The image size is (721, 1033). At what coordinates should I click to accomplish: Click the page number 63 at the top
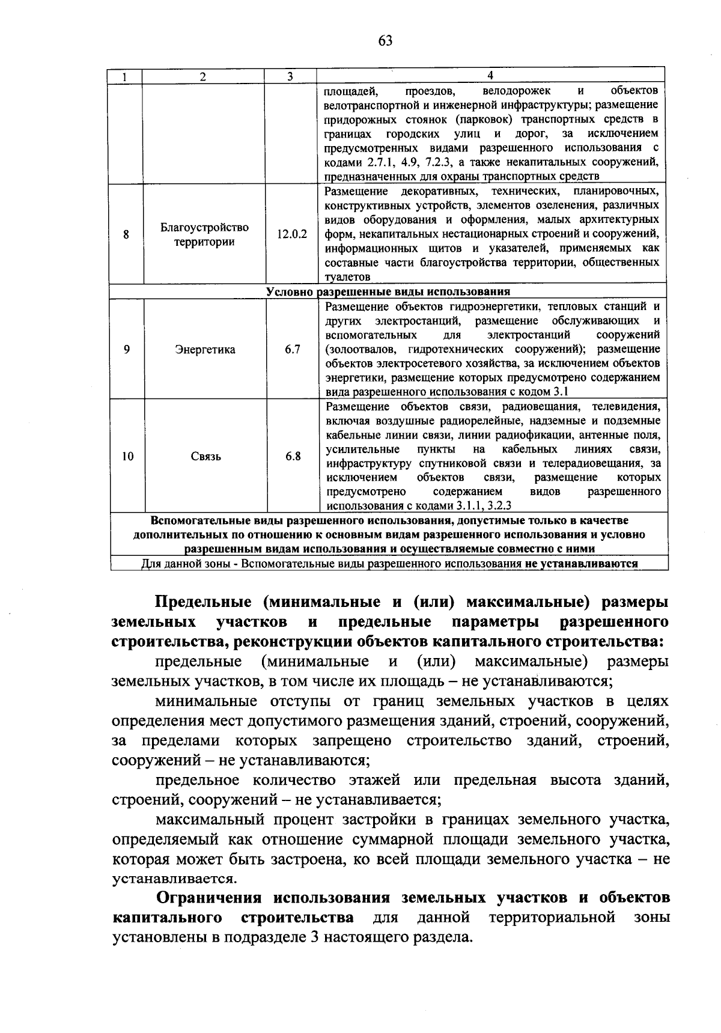pyautogui.click(x=385, y=41)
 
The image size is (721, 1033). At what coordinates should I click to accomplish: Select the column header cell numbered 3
pyautogui.click(x=290, y=76)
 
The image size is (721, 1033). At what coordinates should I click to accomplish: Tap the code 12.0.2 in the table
pyautogui.click(x=292, y=234)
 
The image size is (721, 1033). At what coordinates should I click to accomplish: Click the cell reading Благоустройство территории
pyautogui.click(x=204, y=234)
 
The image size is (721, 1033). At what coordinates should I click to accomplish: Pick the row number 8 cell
pyautogui.click(x=126, y=234)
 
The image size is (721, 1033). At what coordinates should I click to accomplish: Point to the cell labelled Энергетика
pyautogui.click(x=205, y=350)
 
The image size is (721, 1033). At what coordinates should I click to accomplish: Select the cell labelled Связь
pyautogui.click(x=205, y=456)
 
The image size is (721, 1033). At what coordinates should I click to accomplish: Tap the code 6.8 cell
pyautogui.click(x=293, y=456)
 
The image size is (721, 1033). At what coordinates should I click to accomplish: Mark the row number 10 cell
pyautogui.click(x=127, y=456)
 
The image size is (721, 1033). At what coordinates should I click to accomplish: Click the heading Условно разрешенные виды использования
pyautogui.click(x=388, y=291)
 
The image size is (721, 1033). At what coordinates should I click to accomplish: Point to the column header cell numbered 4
pyautogui.click(x=490, y=76)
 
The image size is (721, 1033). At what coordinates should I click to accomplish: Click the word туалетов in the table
pyautogui.click(x=347, y=277)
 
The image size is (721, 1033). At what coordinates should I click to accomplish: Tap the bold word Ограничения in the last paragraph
pyautogui.click(x=209, y=898)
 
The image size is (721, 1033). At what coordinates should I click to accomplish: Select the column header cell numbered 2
pyautogui.click(x=203, y=76)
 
